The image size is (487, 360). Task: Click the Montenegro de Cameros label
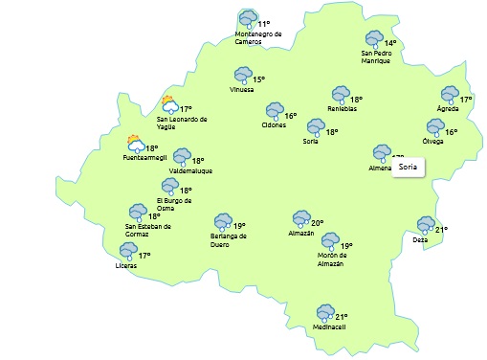click(257, 37)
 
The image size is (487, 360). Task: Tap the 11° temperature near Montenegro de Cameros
click(264, 24)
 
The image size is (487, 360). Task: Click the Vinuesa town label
click(242, 90)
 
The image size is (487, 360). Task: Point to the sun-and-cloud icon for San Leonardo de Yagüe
click(170, 105)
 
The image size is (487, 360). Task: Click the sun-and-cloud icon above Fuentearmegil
click(136, 145)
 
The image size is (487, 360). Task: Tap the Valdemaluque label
click(190, 170)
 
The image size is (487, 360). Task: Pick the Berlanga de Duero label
click(229, 239)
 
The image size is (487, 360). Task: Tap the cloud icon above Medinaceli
click(325, 313)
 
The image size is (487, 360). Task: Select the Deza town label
click(420, 239)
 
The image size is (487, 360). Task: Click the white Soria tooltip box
click(408, 168)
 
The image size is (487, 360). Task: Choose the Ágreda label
click(447, 108)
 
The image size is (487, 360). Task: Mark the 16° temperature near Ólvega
click(451, 132)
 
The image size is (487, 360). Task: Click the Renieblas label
click(342, 108)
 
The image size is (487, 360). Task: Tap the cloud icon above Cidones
click(275, 111)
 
